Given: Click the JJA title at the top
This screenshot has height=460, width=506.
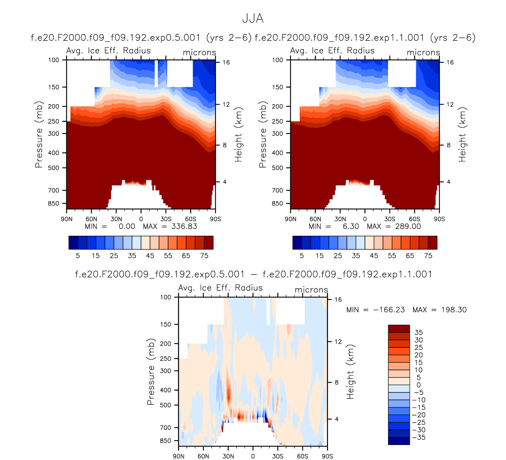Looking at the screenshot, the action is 253,19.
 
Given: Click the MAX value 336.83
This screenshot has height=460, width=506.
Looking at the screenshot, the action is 184,227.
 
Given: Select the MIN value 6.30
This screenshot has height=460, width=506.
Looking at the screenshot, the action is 351,227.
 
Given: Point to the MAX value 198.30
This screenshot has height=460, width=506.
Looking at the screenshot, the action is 454,310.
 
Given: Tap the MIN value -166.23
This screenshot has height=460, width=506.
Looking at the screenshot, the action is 389,310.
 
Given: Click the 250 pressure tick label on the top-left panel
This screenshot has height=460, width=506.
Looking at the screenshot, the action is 54,122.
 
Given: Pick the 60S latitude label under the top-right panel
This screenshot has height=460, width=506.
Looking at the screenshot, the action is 414,219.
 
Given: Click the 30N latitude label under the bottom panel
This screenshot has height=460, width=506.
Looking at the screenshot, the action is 228,456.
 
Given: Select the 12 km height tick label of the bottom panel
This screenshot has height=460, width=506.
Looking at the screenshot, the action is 338,342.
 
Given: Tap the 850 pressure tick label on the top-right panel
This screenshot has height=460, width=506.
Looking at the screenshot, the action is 277,204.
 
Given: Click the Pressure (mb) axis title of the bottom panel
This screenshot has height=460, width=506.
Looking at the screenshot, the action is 151,372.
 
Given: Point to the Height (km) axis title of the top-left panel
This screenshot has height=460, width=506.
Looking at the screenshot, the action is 238,135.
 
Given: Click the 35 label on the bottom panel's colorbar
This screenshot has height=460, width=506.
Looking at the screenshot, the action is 418,333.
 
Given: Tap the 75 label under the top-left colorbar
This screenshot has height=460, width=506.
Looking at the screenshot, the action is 204,256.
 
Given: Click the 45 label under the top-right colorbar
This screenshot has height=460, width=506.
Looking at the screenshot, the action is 374,256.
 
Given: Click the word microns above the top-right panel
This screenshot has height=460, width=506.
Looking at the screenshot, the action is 423,53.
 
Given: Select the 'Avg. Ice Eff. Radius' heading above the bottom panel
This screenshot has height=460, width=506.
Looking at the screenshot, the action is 220,288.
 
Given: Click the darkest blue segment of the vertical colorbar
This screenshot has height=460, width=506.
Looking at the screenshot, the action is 399,441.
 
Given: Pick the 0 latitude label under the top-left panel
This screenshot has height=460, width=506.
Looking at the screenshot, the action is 141,219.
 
